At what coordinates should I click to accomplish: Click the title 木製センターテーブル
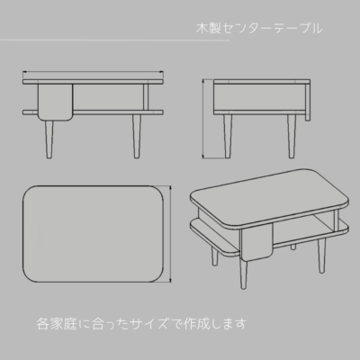tap(259, 28)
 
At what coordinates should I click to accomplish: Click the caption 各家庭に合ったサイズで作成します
tap(141, 324)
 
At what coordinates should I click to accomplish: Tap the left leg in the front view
tap(49, 139)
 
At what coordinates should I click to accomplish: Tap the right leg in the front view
tap(137, 136)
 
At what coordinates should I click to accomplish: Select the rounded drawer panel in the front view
tap(56, 103)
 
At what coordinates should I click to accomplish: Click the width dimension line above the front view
tap(93, 72)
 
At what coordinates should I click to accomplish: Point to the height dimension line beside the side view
tap(203, 119)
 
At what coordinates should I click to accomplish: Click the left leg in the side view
tap(228, 136)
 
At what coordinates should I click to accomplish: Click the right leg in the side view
tap(292, 136)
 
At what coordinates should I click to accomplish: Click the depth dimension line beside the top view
tap(171, 234)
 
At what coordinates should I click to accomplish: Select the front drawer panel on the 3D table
tap(256, 242)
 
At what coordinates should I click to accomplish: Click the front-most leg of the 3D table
tap(243, 274)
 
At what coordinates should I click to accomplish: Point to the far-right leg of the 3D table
tap(322, 256)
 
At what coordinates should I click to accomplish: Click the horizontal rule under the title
tap(115, 40)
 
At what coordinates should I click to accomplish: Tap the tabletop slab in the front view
tap(93, 82)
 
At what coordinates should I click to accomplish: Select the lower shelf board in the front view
tap(93, 112)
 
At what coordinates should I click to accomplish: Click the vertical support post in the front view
tap(146, 97)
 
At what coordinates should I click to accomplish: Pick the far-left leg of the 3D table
tap(214, 257)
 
